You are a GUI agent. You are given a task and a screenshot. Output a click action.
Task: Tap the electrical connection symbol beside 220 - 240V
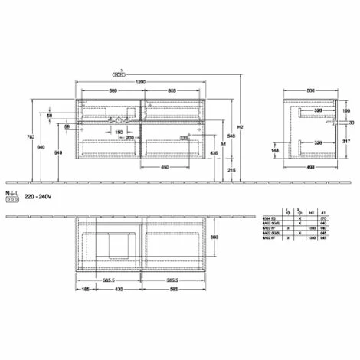(x=11, y=196)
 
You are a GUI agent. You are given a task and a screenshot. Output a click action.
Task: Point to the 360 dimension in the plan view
(x=217, y=237)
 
